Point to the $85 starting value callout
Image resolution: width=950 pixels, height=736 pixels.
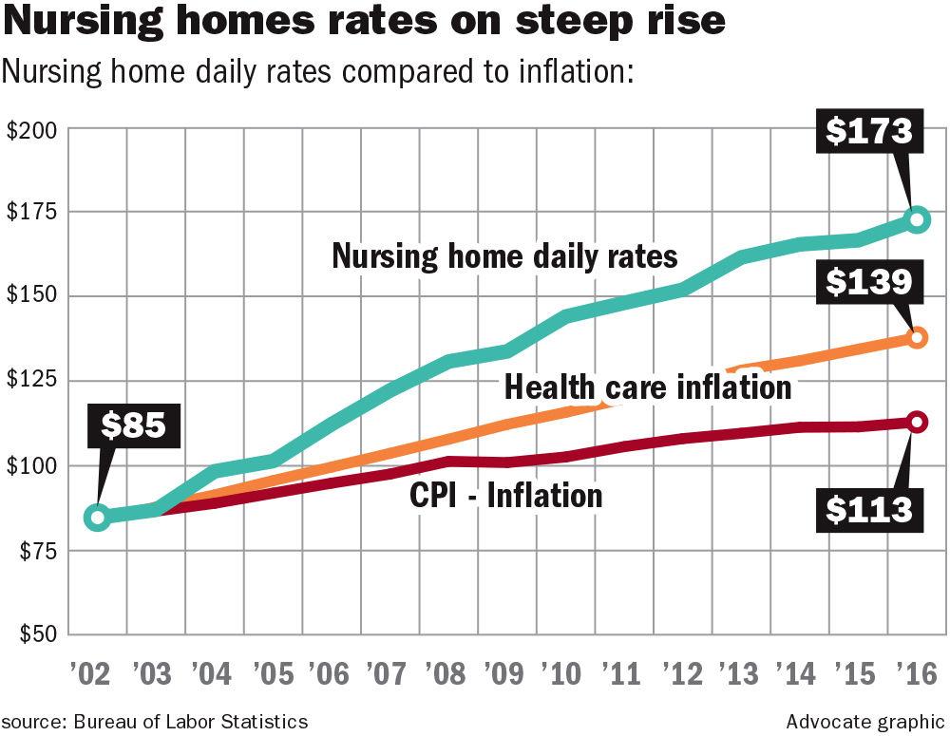coord(134,425)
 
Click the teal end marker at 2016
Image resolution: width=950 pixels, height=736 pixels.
coord(917,219)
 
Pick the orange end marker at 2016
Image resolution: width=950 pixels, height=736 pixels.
coord(917,337)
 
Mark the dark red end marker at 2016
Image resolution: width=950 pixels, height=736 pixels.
coord(917,422)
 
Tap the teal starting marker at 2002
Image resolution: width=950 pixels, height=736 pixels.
coord(97,518)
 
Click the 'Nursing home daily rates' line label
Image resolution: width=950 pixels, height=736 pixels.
coord(504,256)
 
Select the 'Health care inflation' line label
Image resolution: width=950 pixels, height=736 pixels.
coord(647,387)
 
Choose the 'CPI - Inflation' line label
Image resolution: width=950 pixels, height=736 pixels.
coord(505,495)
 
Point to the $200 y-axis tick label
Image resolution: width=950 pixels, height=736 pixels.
coord(30,131)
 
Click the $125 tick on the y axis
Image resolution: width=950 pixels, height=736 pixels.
coord(30,382)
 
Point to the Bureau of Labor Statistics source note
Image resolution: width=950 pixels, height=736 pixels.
coord(154,721)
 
